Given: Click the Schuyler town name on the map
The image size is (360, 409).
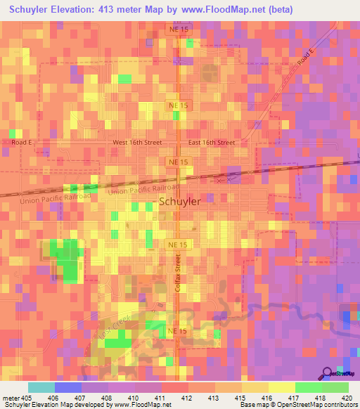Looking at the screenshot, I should (x=180, y=202).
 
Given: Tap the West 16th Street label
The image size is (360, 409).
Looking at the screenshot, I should (x=138, y=142).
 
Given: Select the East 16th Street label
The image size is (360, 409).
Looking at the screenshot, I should (x=212, y=142).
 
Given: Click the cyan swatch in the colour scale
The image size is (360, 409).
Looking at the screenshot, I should (x=41, y=387).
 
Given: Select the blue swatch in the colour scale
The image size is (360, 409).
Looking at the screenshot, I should (x=67, y=387).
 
